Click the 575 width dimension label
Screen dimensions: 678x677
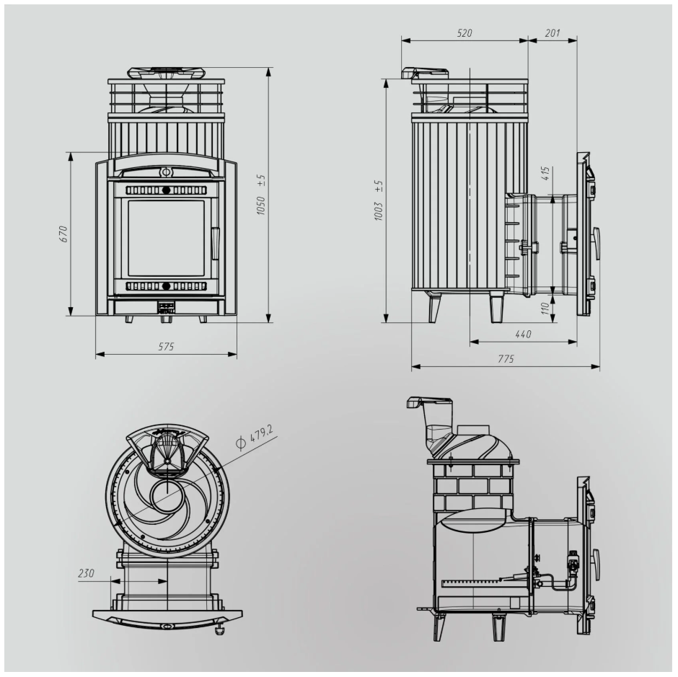[x=166, y=346]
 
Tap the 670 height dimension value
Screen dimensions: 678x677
[x=63, y=234]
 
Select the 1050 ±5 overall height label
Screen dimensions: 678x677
[x=260, y=195]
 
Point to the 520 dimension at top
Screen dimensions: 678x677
[x=465, y=33]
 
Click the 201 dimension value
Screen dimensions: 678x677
[x=552, y=33]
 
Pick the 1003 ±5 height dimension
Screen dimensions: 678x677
[x=379, y=201]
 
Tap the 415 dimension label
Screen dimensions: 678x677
[x=545, y=173]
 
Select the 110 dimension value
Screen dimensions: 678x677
[x=545, y=309]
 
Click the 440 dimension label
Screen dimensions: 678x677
[x=523, y=335]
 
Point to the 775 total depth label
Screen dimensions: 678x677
[x=506, y=359]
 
